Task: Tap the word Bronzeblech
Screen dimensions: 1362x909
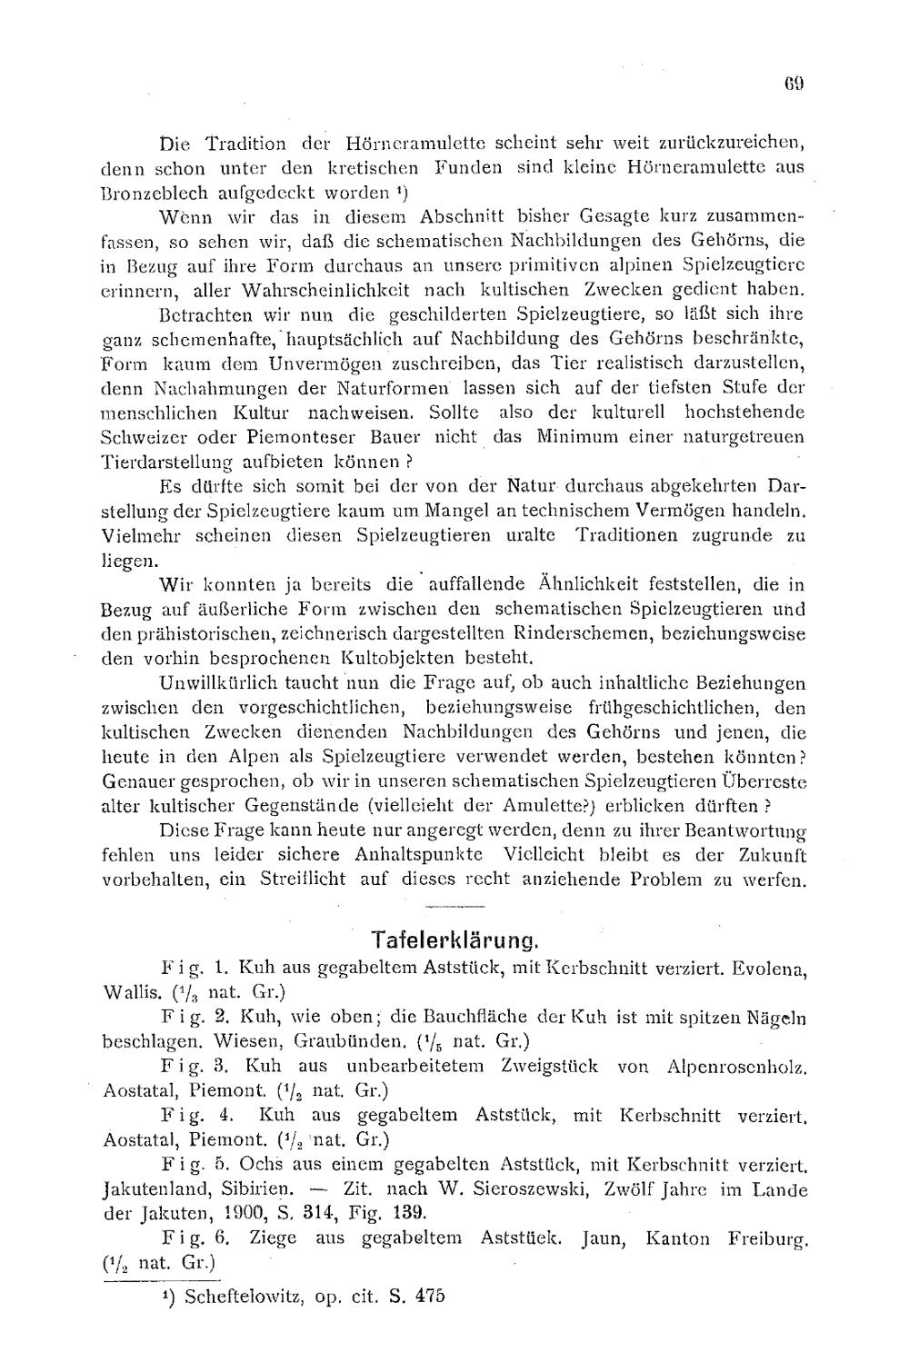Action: (x=146, y=194)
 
